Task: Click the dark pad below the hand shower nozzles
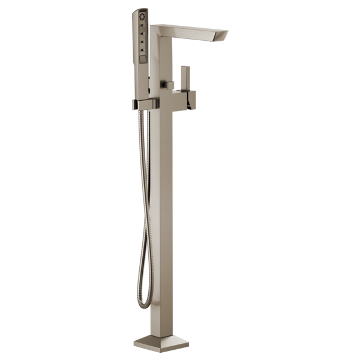point(142,58)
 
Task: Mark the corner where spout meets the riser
point(158,30)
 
